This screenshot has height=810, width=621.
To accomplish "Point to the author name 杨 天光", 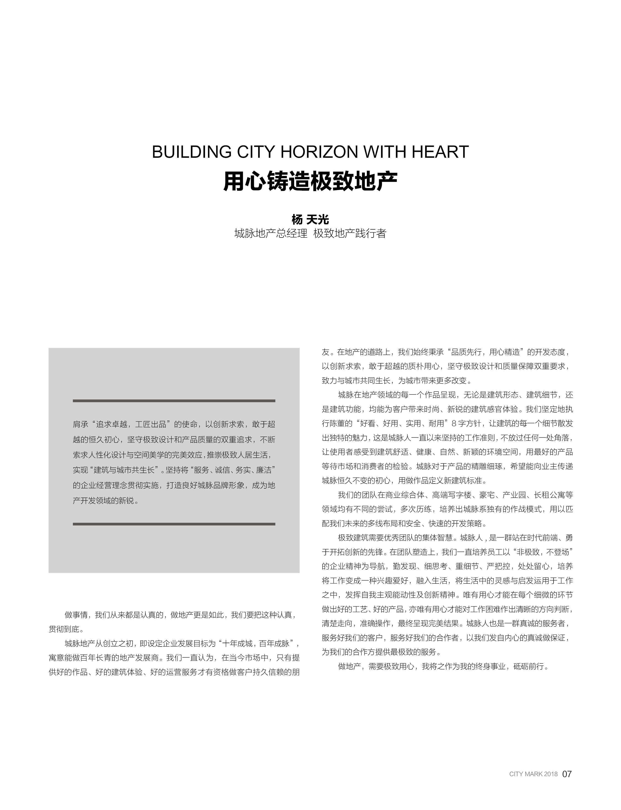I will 310,220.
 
